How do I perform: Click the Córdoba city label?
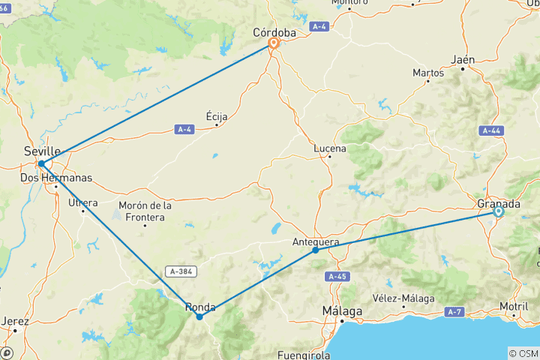pos(274,33)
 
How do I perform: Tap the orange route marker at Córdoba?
pos(274,44)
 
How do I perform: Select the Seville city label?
pos(42,151)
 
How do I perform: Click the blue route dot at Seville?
pos(41,163)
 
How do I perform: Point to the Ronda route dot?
pos(199,316)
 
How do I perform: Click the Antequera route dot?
pos(315,250)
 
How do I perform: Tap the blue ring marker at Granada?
pos(498,212)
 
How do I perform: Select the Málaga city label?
pos(342,310)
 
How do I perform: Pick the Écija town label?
pos(217,116)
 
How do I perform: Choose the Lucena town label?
pos(330,148)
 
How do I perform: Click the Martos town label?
pos(428,73)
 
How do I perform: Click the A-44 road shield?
pos(491,130)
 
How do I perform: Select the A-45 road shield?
pos(337,277)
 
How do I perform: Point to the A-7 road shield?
pos(454,311)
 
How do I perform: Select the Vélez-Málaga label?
pos(406,298)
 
